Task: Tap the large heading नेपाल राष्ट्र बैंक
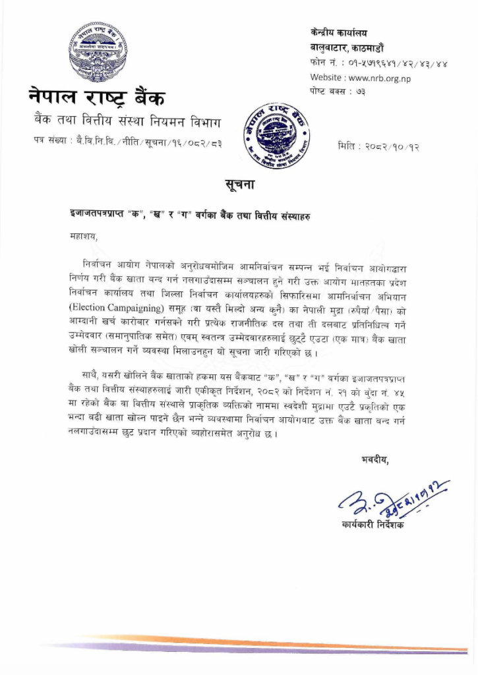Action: tap(98, 98)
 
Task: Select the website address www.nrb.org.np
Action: tap(367, 77)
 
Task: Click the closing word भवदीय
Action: tap(374, 459)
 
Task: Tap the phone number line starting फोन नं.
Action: tap(378, 63)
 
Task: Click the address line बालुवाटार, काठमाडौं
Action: tap(353, 47)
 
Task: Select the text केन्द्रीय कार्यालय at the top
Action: tap(339, 33)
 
